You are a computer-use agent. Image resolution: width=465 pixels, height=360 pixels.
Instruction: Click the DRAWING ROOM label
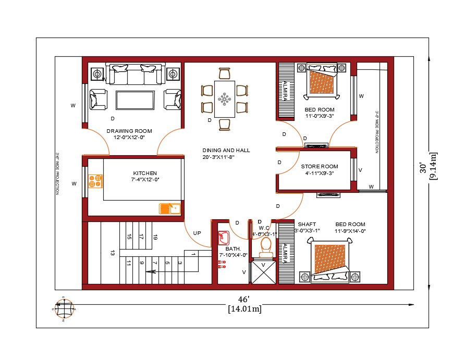point(129,131)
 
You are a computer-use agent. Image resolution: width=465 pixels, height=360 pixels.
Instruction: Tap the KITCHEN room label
point(145,173)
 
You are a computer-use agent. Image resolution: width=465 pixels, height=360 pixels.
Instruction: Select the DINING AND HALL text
point(226,150)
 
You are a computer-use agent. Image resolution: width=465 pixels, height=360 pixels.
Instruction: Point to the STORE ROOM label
point(320,167)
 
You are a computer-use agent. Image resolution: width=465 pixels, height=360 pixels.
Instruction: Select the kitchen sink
point(169,209)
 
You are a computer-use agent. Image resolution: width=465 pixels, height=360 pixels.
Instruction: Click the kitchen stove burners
point(95,181)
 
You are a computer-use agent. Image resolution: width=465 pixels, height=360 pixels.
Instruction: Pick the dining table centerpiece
point(225,98)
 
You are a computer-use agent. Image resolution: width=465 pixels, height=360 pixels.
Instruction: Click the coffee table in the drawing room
point(135,100)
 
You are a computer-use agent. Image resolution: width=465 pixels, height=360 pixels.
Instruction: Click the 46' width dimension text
point(244,300)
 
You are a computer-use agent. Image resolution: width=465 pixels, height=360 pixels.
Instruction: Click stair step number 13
point(112,253)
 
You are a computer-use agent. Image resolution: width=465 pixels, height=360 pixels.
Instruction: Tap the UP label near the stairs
point(197,233)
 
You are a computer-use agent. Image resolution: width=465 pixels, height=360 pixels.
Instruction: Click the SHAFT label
point(307,224)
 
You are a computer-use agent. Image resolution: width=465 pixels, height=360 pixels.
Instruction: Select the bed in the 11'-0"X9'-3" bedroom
point(322,81)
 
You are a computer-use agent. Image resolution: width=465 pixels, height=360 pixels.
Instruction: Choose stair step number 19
point(155,237)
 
